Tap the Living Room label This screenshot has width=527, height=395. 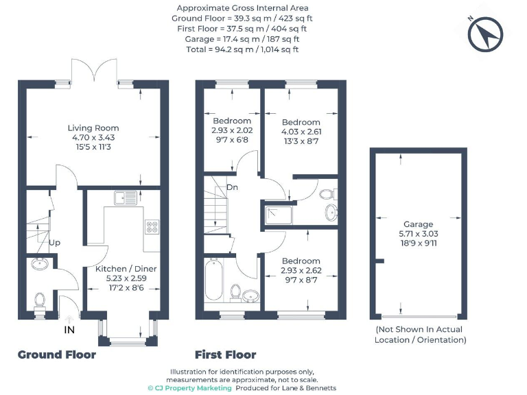point(93,128)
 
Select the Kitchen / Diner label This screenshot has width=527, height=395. point(127,269)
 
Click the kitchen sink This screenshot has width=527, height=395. point(126,198)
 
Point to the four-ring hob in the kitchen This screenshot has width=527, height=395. point(152,228)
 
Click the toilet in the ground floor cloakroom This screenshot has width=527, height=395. point(40,300)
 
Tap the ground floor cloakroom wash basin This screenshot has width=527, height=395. point(39,263)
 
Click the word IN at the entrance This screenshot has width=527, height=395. point(69,330)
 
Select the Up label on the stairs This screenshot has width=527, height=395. point(54,243)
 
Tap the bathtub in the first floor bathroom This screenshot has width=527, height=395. point(213,280)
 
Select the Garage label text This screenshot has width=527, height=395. point(418,224)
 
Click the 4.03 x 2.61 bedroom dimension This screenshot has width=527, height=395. point(301,132)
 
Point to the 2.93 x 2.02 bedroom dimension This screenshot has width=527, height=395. point(232,130)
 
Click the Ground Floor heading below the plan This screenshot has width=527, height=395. point(56,355)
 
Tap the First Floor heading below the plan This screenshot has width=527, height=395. point(225,355)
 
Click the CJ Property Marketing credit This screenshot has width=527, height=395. point(190,387)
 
